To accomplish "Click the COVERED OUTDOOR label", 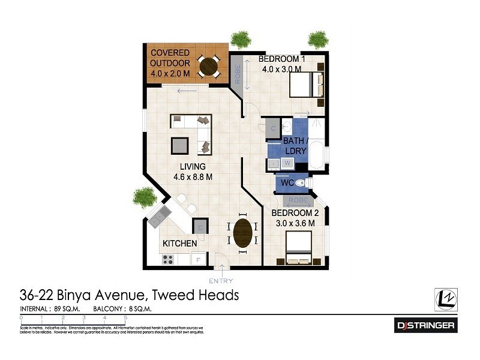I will [170, 58].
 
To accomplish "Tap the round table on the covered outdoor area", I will [209, 66].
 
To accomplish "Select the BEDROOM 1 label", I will [281, 64].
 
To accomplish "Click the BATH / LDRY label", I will [295, 146].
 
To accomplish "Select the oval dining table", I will [242, 232].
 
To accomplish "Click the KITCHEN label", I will [179, 244].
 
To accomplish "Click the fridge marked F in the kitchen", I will [198, 260].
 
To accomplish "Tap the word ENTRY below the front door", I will [221, 281].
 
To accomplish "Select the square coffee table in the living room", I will [180, 145].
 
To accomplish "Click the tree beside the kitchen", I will [145, 196].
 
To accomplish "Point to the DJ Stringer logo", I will [426, 326].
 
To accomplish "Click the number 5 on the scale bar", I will [125, 316].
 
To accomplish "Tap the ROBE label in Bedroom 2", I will [298, 200].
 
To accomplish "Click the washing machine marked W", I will [287, 163].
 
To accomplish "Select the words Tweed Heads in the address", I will [196, 295].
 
